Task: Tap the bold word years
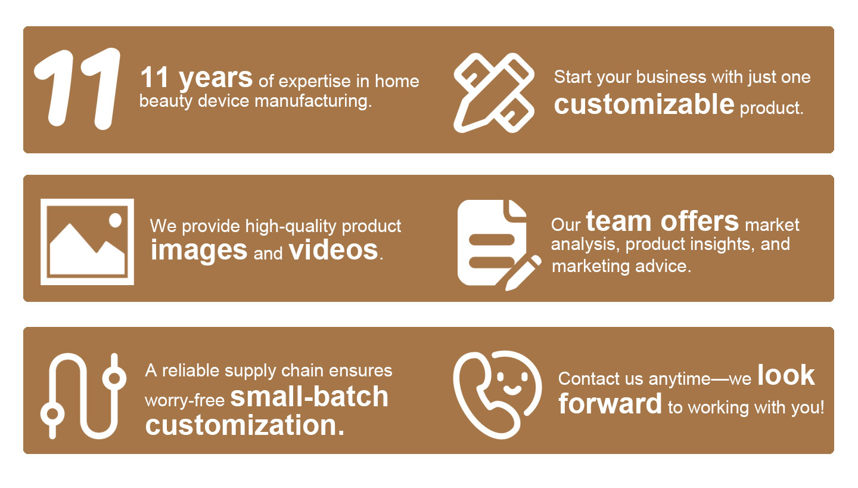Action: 216,78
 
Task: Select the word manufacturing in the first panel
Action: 313,101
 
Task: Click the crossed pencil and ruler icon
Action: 494,93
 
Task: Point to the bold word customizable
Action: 644,104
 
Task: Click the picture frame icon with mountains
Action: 88,242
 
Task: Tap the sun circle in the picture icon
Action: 116,221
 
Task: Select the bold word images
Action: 199,251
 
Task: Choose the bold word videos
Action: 334,250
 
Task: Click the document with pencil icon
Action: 499,245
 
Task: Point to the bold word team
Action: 618,221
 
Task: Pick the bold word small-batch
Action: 309,397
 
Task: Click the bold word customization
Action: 244,426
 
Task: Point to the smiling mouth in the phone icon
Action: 512,391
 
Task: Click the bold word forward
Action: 610,404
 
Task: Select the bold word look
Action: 786,375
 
